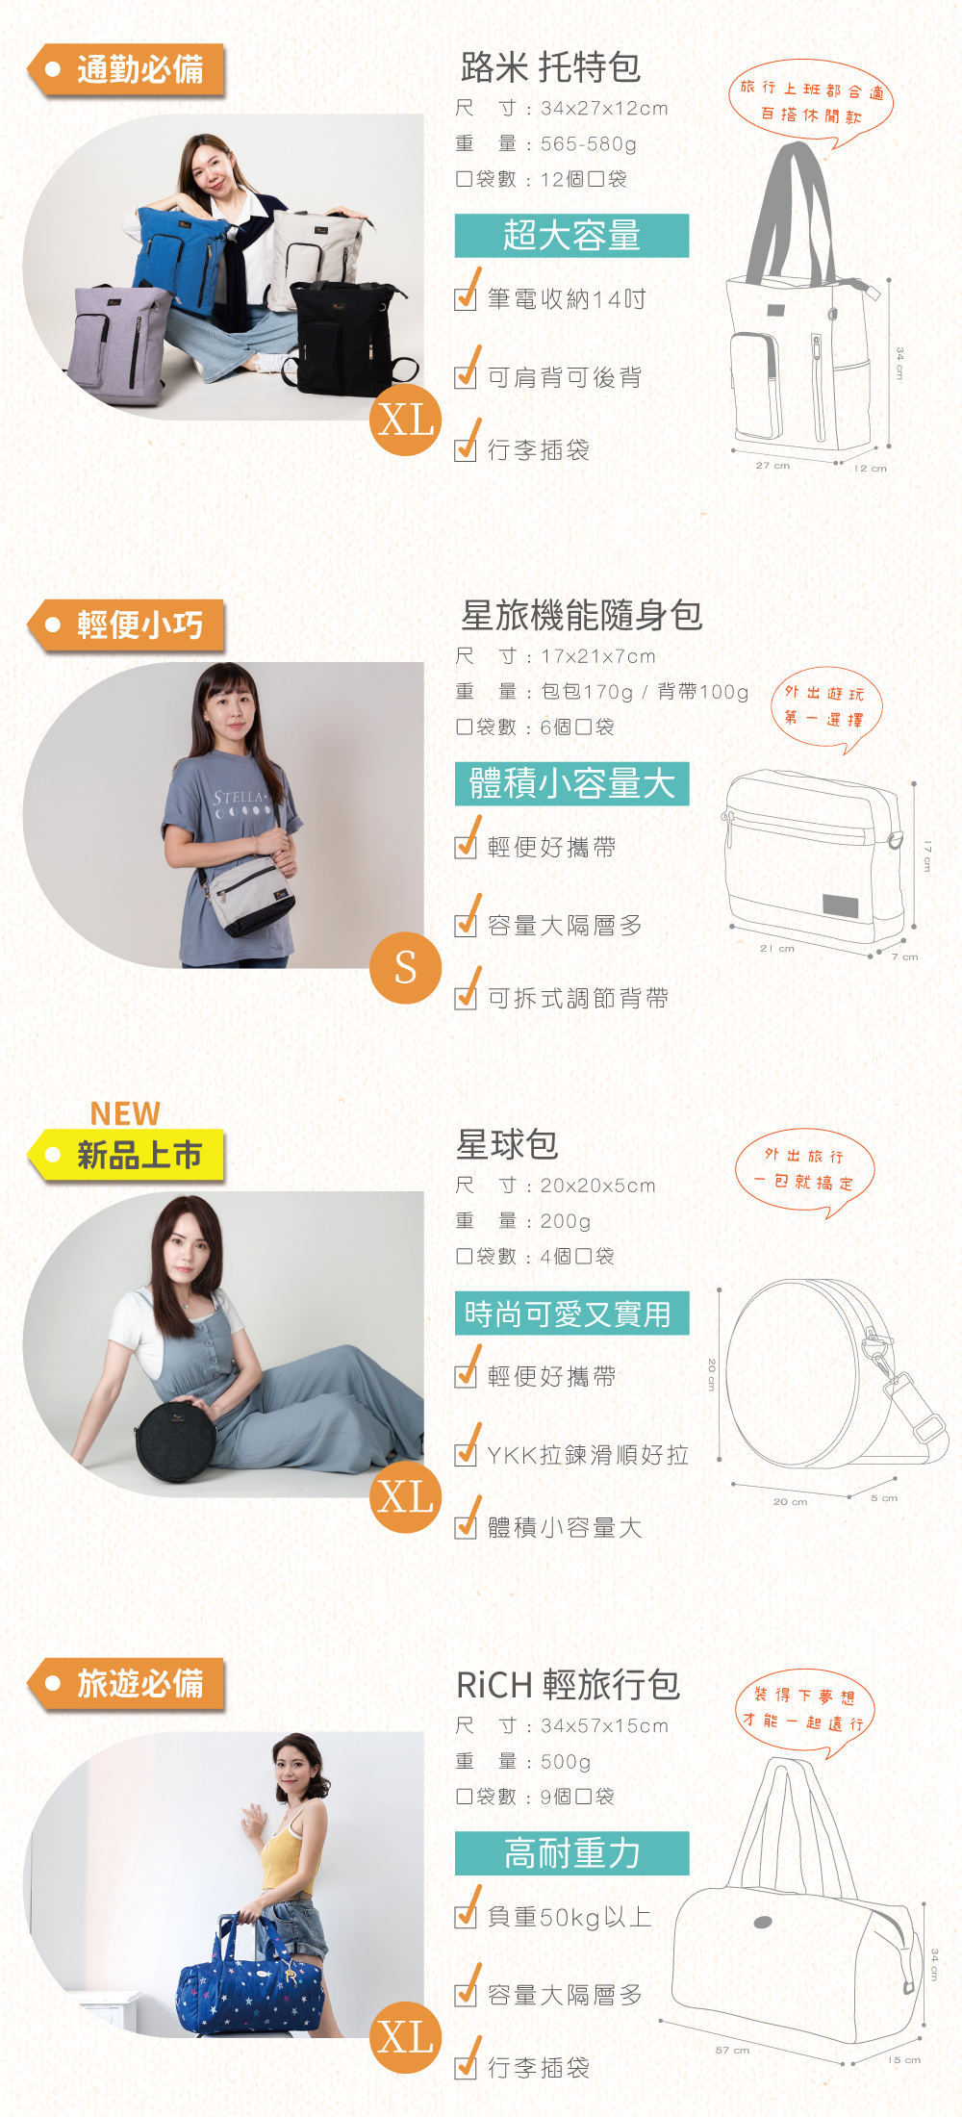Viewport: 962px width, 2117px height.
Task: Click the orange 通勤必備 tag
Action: point(127,69)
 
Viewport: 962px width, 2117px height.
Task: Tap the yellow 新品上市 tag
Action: point(127,1155)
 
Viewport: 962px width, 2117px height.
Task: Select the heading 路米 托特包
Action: point(550,67)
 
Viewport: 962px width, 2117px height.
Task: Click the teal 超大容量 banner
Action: point(571,236)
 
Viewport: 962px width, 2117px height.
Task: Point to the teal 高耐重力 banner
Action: point(571,1852)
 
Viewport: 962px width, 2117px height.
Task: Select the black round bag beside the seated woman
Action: point(177,1441)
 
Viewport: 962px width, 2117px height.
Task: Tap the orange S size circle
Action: point(406,967)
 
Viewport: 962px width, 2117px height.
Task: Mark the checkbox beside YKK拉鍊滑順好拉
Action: point(466,1454)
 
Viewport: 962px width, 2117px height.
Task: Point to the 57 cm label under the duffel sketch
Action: point(732,2050)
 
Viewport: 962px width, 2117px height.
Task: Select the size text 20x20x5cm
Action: point(597,1186)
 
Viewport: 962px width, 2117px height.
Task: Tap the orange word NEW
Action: point(125,1113)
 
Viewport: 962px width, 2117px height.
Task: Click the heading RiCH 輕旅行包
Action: point(568,1684)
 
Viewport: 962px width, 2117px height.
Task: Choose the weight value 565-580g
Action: point(589,144)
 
